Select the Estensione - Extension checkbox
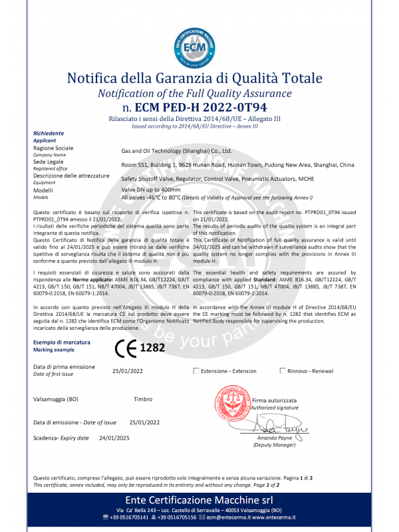196,370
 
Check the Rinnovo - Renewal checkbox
283,370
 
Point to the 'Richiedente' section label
49,134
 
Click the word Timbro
143,399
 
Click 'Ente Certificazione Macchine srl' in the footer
199,499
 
